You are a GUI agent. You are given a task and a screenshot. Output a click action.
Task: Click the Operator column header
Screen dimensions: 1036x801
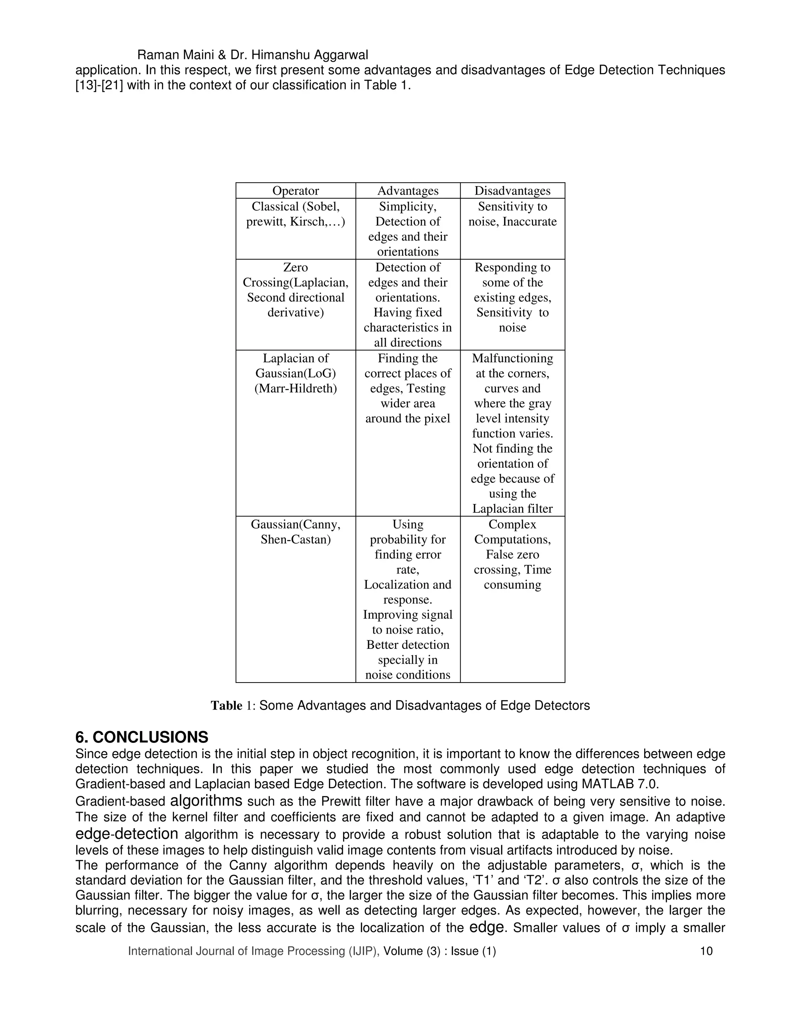pos(295,191)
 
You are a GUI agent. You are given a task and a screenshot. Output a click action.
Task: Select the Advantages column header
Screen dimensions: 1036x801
pos(408,191)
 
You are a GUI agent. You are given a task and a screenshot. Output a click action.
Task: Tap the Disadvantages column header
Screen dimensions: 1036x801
pos(512,191)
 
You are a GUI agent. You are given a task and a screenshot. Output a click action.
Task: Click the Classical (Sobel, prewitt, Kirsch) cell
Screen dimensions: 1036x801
pos(295,214)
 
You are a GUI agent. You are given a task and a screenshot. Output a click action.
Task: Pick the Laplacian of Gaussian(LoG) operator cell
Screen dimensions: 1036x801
pos(295,373)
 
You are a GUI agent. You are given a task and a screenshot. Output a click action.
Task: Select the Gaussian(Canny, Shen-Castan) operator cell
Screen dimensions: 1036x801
pos(295,532)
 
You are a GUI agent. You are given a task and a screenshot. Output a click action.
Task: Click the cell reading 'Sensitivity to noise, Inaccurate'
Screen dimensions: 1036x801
pos(512,214)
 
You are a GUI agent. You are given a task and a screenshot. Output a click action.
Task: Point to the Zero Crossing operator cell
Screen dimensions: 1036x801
pos(295,290)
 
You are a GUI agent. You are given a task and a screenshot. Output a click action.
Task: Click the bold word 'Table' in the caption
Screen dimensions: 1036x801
pos(226,706)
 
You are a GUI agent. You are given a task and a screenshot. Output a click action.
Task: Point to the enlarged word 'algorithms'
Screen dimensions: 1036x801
pos(206,801)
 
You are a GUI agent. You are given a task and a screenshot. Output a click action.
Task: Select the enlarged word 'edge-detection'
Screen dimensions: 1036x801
pos(127,833)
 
